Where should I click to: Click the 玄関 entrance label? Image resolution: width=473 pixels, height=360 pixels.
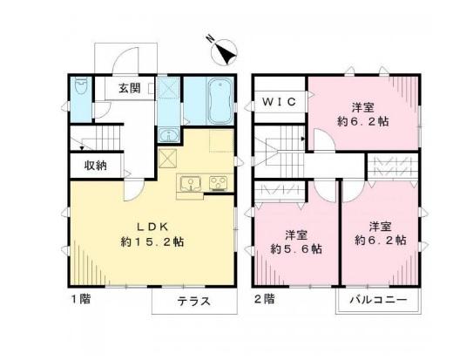point(130,88)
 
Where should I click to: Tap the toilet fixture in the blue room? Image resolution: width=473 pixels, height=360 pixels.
point(80,86)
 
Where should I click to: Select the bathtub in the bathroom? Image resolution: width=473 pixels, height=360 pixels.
point(220,101)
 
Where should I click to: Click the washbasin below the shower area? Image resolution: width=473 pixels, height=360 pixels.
point(168,135)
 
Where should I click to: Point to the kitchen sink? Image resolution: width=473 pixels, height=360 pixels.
point(191,184)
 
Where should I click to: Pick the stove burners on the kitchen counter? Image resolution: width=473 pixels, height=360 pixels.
point(218,183)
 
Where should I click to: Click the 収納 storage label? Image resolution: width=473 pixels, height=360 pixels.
point(95,166)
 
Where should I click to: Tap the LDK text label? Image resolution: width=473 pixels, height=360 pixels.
point(152,227)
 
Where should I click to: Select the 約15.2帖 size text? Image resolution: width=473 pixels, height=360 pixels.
point(152,241)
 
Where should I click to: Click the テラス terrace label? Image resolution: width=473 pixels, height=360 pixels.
point(193,301)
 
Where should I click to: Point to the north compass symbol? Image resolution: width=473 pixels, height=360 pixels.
point(224,51)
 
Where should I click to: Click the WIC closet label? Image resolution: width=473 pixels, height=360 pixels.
point(279,102)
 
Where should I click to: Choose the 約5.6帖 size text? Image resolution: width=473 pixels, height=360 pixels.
point(296,248)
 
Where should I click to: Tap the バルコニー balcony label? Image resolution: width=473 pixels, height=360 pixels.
point(379,300)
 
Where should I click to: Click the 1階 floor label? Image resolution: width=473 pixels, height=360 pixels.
point(81,299)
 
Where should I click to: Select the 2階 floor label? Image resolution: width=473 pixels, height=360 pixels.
point(265,299)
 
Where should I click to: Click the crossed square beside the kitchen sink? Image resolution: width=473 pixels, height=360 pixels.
point(168,158)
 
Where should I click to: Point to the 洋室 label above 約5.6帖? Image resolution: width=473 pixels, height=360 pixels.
point(296,234)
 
